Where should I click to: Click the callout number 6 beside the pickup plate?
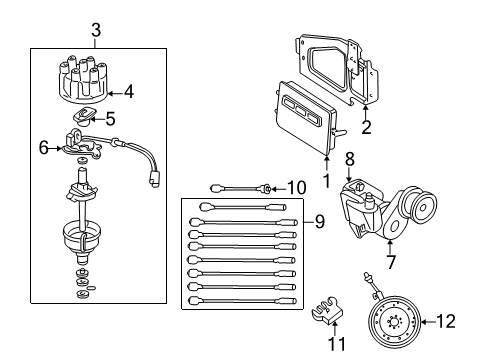coord(43,147)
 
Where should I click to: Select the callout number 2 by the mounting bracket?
coord(367,126)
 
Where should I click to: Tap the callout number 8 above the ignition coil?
coord(350,157)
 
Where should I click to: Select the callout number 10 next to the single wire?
coord(296,187)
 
